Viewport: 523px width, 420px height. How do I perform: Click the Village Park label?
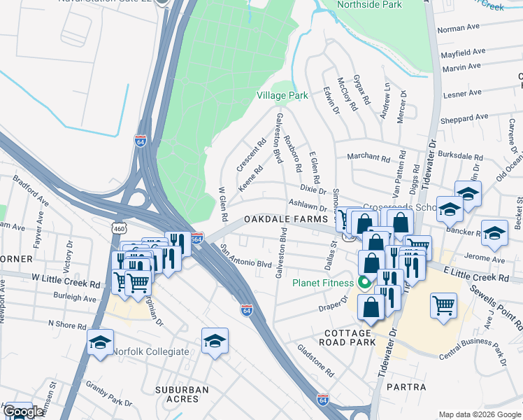coord(282,95)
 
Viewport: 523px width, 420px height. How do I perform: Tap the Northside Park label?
coord(369,4)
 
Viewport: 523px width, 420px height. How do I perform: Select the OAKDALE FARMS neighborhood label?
coord(286,220)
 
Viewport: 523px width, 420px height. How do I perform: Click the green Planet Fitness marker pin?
coord(364,283)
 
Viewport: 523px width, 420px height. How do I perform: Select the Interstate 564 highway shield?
coord(197,238)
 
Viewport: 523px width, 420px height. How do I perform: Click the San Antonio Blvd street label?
coord(245,256)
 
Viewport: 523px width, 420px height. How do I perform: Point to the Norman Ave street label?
coord(459,29)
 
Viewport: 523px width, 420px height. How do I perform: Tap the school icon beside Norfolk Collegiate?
coord(101,342)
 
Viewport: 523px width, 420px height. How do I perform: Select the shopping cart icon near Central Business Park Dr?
coord(444,305)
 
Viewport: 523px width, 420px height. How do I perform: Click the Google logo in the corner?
coord(23,412)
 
